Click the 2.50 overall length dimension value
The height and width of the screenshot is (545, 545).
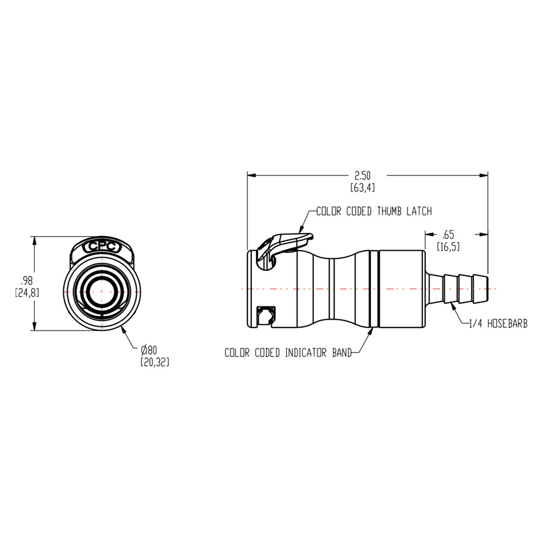point(362,175)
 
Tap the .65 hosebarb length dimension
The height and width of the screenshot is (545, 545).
point(448,235)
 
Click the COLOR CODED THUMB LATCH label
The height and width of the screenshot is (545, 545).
point(374,211)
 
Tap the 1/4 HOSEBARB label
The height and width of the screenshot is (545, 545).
point(498,324)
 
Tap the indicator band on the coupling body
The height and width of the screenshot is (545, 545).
point(373,289)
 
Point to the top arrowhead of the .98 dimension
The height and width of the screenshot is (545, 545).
point(35,240)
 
